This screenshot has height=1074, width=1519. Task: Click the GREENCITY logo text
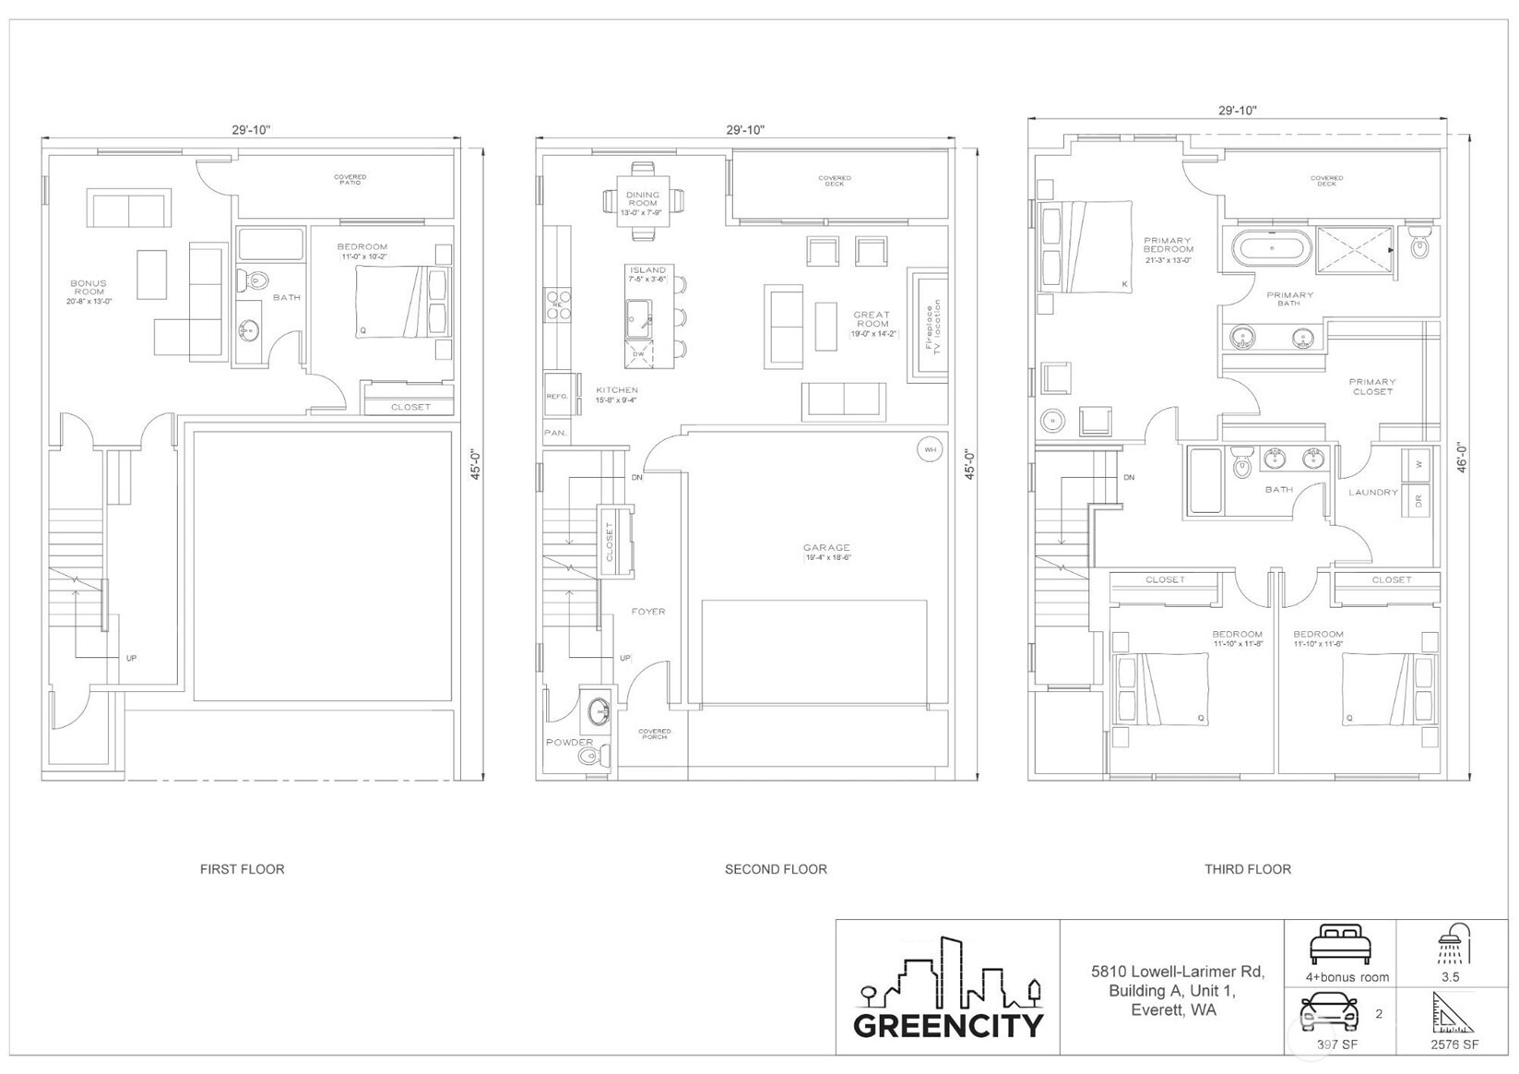coord(948,1025)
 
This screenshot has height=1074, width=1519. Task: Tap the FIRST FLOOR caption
coord(242,869)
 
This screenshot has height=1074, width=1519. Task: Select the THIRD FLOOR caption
coord(1247,869)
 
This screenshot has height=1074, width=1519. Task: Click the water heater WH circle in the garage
coord(930,450)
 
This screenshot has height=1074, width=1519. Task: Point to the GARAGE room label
coord(826,548)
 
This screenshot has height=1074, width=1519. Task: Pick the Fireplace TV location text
coord(932,325)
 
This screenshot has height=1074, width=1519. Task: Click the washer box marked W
coord(1417,464)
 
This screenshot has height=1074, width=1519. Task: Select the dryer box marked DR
coord(1417,501)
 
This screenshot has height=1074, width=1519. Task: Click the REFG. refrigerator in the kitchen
coord(558,396)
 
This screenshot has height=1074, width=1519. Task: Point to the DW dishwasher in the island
coord(638,353)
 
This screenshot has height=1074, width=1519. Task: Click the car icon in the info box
coord(1329,1014)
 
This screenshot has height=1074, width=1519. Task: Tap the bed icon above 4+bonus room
coord(1341,944)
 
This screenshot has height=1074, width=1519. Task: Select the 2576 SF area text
coord(1454,1044)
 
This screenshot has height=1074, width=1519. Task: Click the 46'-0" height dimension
coord(1461,458)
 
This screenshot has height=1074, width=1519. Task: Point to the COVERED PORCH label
coord(655,734)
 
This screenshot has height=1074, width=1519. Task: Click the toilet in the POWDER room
coord(590,758)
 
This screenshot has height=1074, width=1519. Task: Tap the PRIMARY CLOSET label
coord(1371,387)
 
